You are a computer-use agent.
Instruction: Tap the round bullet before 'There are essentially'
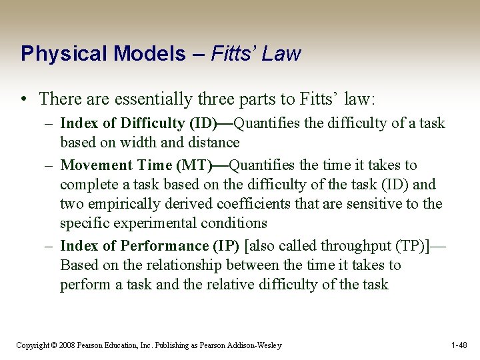pyautogui.click(x=23, y=100)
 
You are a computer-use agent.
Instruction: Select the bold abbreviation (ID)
pyautogui.click(x=203, y=123)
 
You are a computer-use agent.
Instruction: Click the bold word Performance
pyautogui.click(x=161, y=245)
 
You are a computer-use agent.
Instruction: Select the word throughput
pyautogui.click(x=347, y=245)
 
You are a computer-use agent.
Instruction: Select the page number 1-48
pyautogui.click(x=459, y=345)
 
